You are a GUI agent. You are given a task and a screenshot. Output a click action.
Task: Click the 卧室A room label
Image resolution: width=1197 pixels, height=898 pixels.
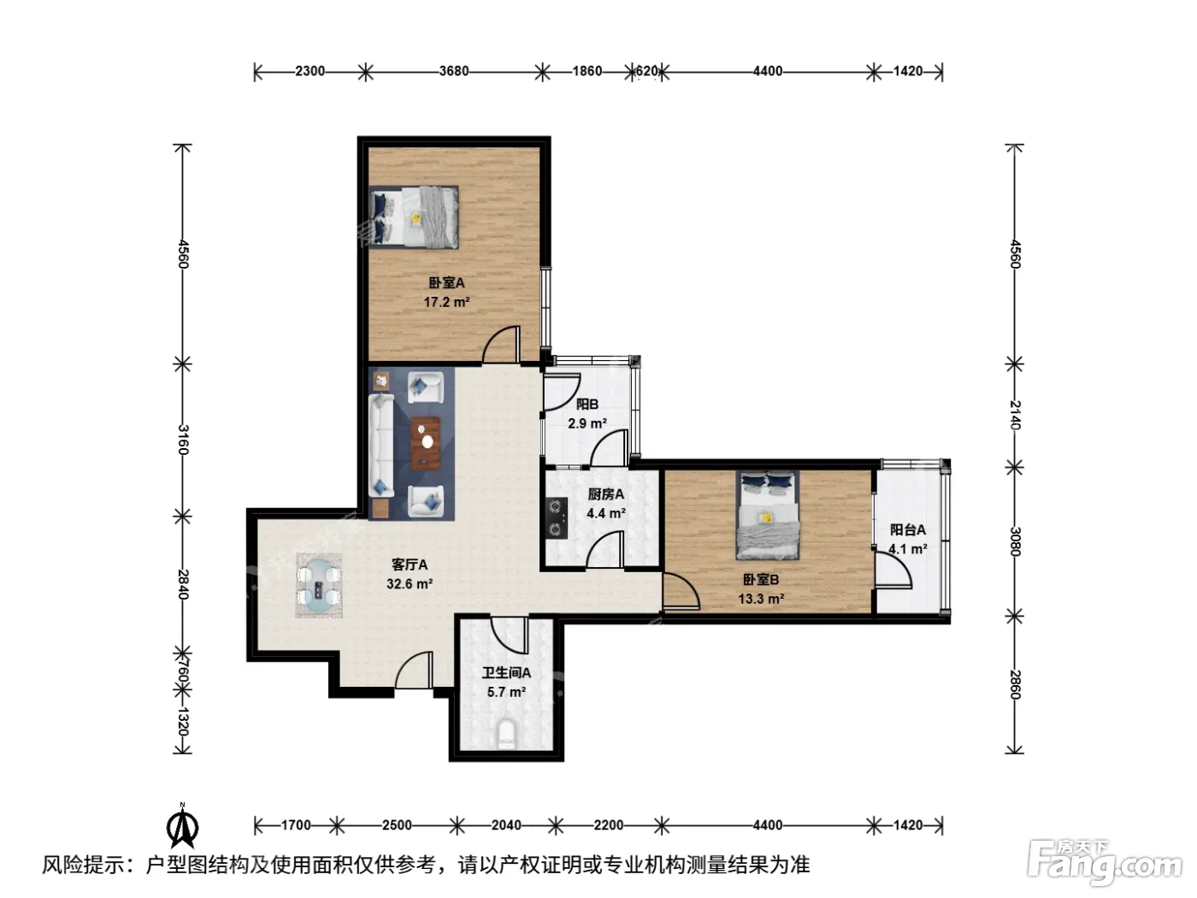(446, 283)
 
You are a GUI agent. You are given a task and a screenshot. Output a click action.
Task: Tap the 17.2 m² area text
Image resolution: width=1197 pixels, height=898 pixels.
(446, 302)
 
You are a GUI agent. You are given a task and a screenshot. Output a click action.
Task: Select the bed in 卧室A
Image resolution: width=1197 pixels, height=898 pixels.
(413, 217)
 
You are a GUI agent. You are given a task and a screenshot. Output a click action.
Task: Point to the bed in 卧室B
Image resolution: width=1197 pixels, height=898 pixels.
(767, 515)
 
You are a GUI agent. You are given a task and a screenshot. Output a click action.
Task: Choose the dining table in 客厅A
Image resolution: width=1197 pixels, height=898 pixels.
(319, 586)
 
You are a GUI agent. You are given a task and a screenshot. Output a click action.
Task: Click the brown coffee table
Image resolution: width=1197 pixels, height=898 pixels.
(426, 443)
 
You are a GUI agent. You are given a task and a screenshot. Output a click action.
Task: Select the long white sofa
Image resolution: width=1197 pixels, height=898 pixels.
(381, 446)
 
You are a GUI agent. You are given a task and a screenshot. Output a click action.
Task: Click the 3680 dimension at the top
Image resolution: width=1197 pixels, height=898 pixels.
(454, 71)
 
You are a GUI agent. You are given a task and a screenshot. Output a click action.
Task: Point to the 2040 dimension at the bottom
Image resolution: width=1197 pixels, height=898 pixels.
(506, 825)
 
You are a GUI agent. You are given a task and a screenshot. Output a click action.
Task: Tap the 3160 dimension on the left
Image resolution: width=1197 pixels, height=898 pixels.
(183, 440)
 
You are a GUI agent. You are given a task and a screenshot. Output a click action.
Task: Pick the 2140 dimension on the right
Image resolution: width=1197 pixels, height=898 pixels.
(1014, 415)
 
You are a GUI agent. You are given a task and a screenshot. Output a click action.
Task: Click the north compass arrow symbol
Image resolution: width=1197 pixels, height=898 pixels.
(182, 826)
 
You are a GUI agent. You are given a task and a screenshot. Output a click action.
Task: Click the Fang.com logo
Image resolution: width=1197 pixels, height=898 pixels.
(1105, 866)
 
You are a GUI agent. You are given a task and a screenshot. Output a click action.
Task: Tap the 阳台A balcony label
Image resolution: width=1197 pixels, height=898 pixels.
(907, 529)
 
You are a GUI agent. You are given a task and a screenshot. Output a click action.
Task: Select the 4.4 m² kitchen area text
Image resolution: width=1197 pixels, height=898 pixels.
(606, 513)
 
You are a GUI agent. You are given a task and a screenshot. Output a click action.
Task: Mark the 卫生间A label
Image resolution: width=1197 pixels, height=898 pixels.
(506, 673)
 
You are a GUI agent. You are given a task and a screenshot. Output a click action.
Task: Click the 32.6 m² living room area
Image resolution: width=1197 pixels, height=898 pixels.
(410, 583)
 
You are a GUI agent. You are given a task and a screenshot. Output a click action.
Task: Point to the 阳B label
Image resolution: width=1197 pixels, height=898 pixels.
(587, 404)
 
